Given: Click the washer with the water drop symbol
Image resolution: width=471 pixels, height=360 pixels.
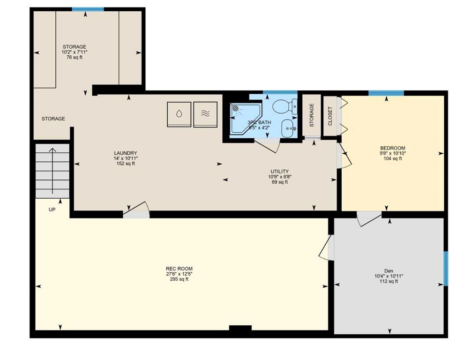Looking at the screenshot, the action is coord(179,114).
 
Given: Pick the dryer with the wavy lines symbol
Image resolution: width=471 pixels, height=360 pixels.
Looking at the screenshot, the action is coord(205,114).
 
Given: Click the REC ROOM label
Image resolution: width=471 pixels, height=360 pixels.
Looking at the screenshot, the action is coord(179,269).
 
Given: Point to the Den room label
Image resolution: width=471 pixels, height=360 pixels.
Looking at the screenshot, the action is coord(389,271).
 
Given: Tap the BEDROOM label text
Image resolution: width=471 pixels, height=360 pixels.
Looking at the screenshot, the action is coord(393,148).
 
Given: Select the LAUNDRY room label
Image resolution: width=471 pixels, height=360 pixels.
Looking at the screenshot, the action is coord(126,153).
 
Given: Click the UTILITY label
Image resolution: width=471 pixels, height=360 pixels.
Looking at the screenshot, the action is coord(279,172).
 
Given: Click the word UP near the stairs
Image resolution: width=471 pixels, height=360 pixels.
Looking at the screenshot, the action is coord(52,210).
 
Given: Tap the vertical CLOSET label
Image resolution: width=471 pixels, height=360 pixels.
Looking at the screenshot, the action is coord(330,116).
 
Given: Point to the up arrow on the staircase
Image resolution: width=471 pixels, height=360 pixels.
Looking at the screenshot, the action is coord(52,171).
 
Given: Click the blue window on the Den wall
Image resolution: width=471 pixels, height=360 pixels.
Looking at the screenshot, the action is coord(446,268).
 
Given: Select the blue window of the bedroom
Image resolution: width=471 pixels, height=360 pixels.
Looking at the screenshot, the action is coord(386,93).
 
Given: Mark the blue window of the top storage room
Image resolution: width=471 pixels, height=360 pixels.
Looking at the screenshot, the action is coord(88,9).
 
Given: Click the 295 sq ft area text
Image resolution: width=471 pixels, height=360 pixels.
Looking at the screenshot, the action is coord(179,279).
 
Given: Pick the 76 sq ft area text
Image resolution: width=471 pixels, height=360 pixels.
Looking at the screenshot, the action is coord(75,57).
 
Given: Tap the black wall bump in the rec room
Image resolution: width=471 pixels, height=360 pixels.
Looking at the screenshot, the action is coord(240,328).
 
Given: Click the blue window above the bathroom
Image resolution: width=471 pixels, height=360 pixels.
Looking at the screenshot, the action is coord(280,92).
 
